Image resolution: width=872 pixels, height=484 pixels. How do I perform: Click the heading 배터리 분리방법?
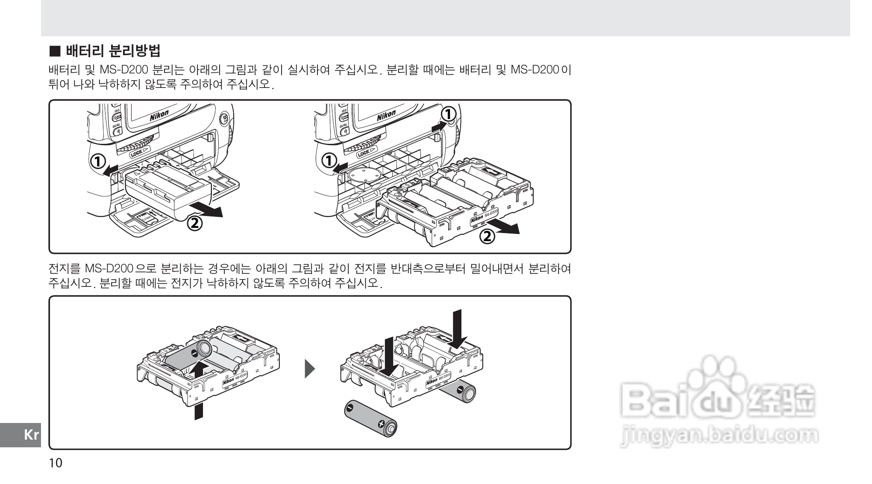pyautogui.click(x=113, y=51)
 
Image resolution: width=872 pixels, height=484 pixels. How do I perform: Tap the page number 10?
pyautogui.click(x=56, y=463)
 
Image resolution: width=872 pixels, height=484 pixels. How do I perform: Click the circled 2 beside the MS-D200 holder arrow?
pyautogui.click(x=487, y=236)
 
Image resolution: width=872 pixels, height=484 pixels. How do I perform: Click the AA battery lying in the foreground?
pyautogui.click(x=370, y=418)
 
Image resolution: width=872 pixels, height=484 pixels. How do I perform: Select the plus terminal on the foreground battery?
pyautogui.click(x=382, y=424)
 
